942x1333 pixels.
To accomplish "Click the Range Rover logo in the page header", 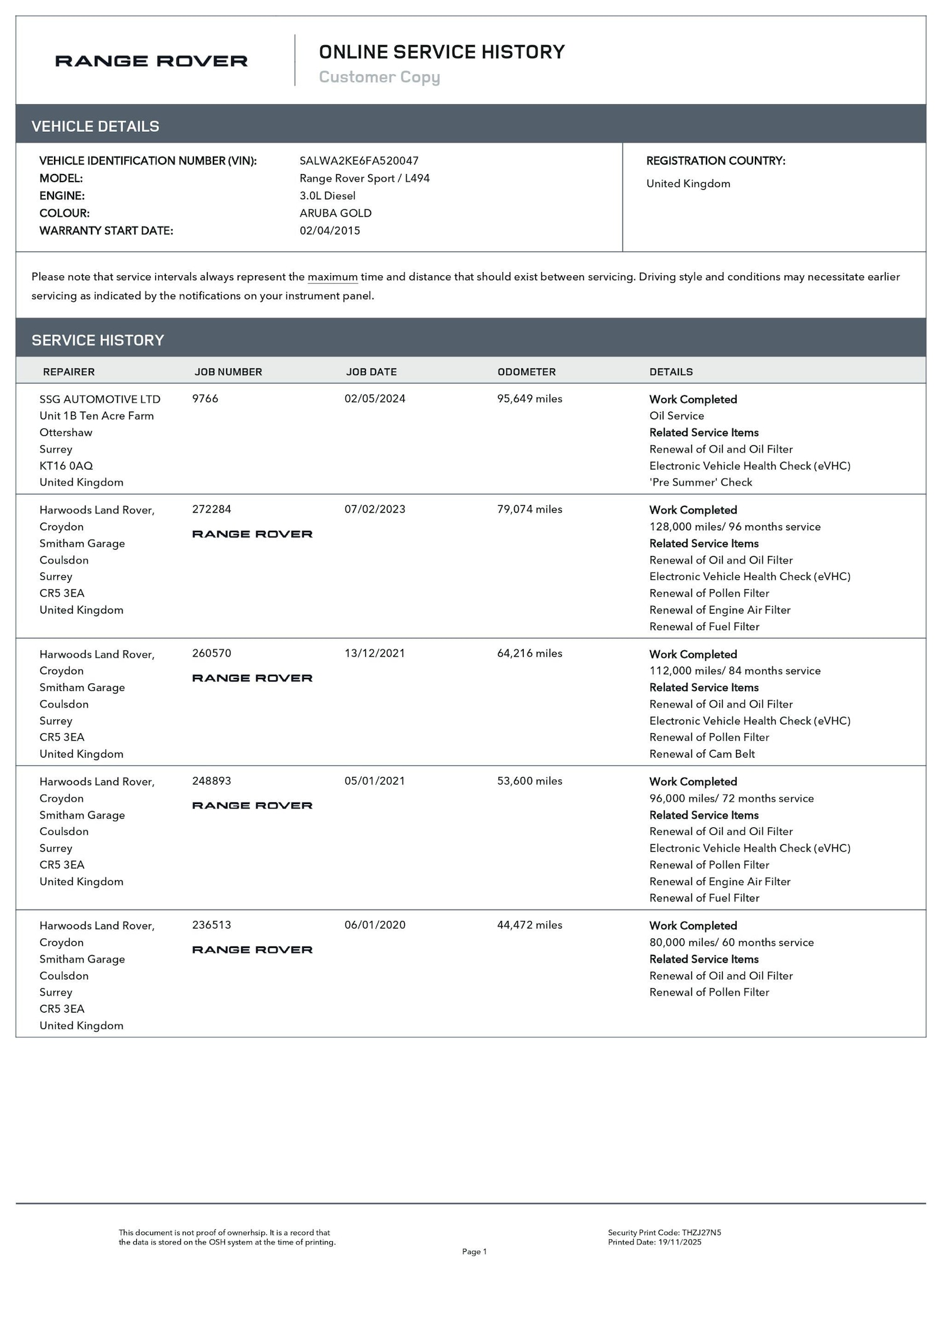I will coord(151,61).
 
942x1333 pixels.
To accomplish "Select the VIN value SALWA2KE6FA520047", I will coord(359,161).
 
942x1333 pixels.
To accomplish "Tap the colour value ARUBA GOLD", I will coord(335,213).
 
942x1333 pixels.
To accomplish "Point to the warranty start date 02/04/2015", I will coord(330,231).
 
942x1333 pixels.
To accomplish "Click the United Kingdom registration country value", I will coord(688,183).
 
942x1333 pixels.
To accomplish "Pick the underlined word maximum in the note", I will coord(332,277).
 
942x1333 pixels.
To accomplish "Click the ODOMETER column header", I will coord(526,372).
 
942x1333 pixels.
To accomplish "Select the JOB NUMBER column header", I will coord(228,372).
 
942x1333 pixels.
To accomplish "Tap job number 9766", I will coord(205,399).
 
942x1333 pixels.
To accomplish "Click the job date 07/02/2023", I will coord(375,509).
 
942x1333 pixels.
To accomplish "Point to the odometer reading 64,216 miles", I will coord(529,653).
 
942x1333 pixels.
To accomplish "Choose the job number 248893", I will coord(212,781).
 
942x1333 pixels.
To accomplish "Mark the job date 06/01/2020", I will coord(375,925).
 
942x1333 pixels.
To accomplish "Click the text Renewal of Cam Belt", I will coord(701,754).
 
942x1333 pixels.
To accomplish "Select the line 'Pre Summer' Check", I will coord(700,482).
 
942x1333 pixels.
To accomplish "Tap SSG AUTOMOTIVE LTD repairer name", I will coord(100,399).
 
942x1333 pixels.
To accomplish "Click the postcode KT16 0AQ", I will coord(66,465).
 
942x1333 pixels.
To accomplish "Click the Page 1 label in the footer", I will coord(474,1251).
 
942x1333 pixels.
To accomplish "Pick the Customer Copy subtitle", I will coord(379,77).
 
